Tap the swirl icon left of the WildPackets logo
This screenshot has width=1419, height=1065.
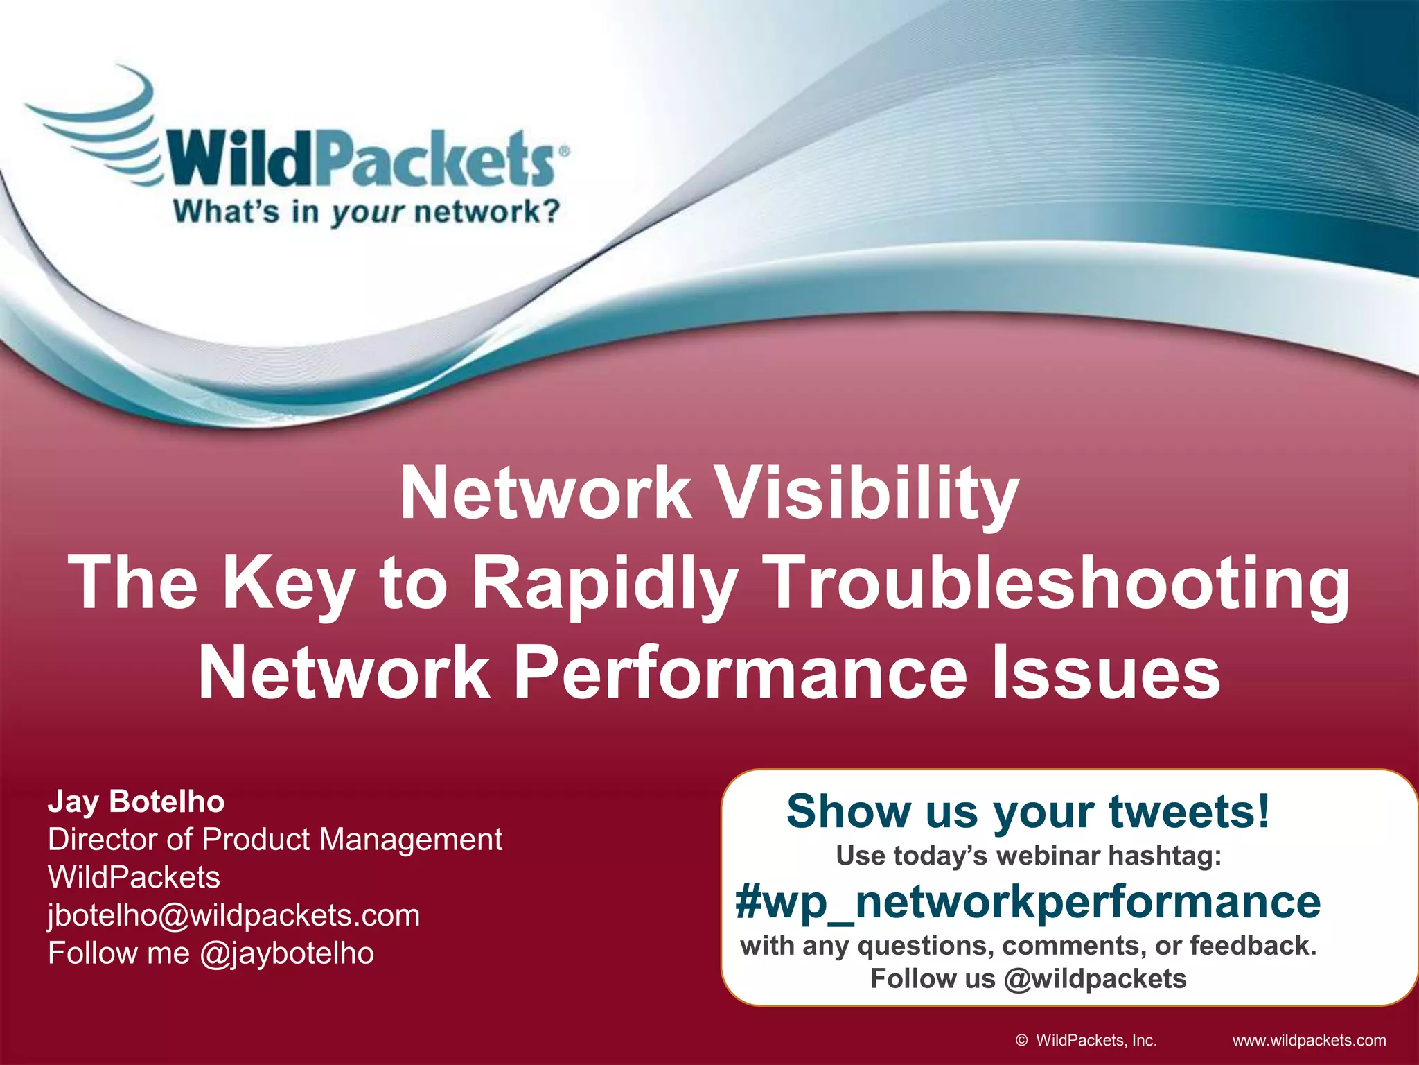97,125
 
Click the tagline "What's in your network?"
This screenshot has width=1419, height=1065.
366,211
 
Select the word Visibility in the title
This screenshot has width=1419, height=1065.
866,494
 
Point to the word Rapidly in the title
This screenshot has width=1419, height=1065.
603,584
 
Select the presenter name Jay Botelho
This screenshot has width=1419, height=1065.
136,802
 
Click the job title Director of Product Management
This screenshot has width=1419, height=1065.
275,840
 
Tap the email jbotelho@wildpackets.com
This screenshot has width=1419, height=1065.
234,915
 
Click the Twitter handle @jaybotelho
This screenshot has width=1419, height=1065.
287,953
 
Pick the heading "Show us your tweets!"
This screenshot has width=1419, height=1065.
1028,811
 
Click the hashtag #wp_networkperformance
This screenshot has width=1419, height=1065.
1028,901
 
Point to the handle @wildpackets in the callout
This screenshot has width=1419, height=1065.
1095,979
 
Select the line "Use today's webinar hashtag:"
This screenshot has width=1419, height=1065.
1028,856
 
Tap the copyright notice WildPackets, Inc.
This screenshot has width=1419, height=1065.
1095,1040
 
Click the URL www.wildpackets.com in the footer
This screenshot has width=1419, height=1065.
1309,1040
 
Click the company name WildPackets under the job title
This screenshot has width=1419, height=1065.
134,878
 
